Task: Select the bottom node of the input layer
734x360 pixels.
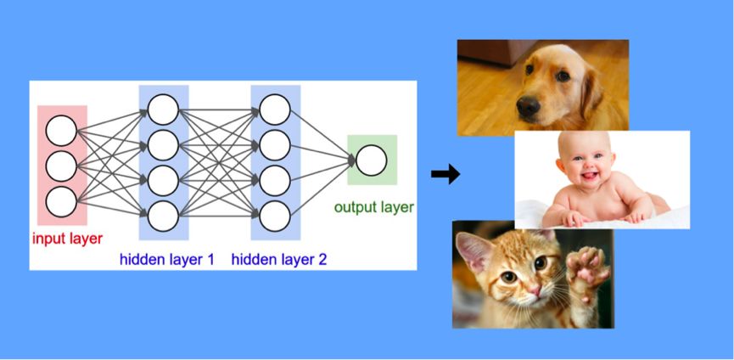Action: click(x=62, y=201)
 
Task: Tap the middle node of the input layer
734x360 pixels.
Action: click(x=62, y=166)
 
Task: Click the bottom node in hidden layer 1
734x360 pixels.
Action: click(x=163, y=216)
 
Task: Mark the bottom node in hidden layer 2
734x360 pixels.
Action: click(x=275, y=216)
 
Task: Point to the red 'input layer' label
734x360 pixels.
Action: click(x=67, y=239)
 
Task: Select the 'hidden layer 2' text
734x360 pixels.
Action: click(x=278, y=258)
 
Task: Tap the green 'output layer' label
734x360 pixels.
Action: click(x=373, y=207)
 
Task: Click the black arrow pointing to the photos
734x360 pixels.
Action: click(x=445, y=175)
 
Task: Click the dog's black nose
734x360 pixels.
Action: click(x=528, y=107)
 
